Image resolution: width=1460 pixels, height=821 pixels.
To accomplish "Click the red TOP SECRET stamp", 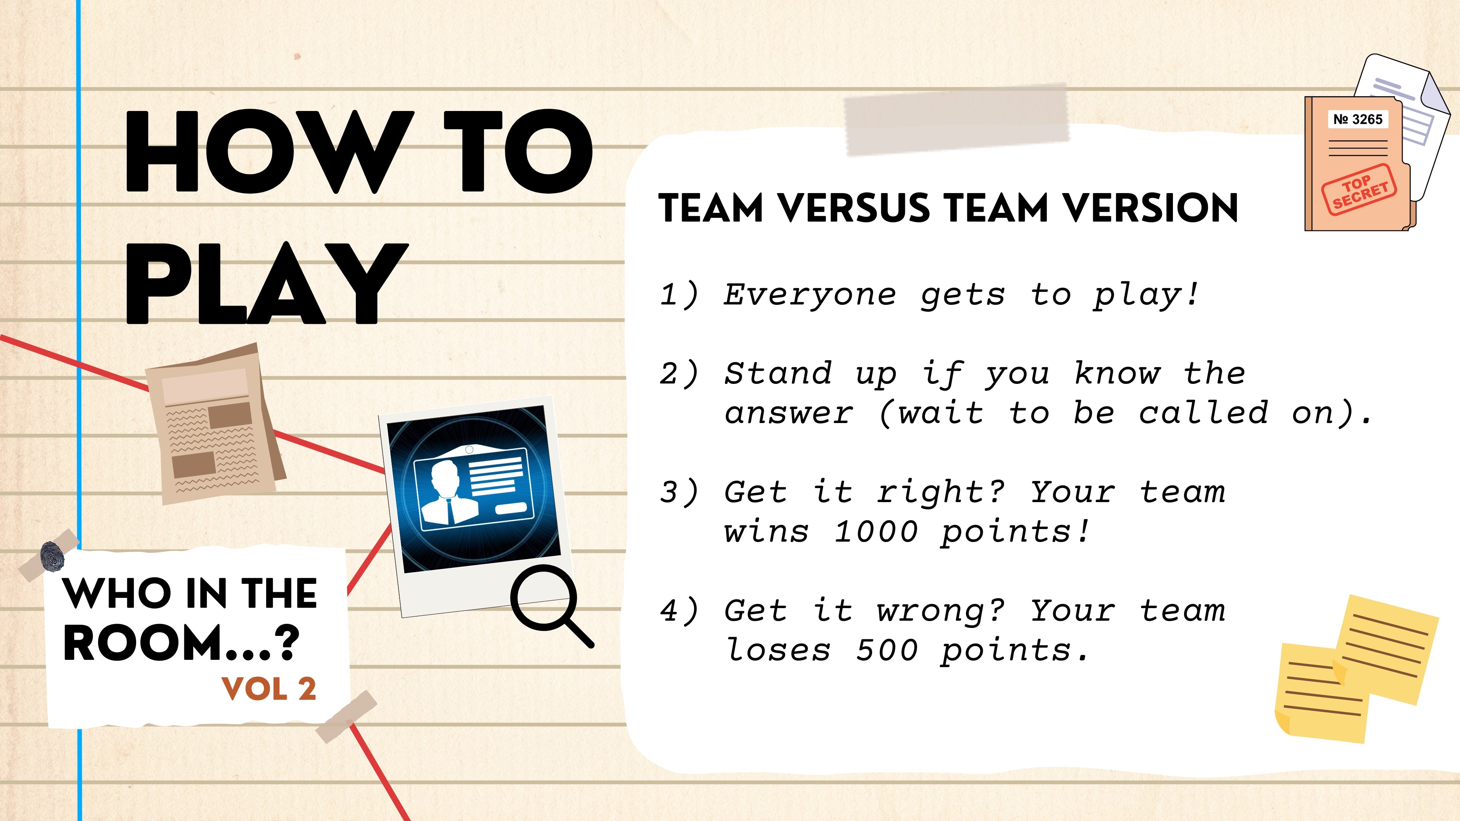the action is tap(1358, 190).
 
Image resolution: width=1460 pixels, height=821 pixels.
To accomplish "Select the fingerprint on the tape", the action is tap(52, 556).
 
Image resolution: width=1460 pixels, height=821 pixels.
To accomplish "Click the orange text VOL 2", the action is tap(269, 689).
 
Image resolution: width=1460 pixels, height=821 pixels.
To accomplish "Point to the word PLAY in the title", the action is tap(267, 283).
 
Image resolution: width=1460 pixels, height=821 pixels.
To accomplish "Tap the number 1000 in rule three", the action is tap(876, 531).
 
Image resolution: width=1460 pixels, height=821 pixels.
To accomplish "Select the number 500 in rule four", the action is tap(886, 650).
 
